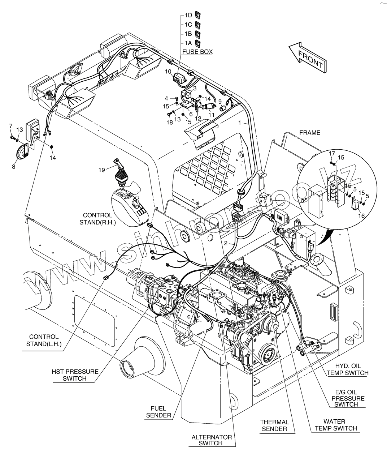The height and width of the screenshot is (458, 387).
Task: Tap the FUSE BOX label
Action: pos(197,52)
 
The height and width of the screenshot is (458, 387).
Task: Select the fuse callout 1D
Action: pos(188,15)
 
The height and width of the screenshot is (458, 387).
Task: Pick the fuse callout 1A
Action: pos(188,43)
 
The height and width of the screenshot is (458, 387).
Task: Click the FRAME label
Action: pos(310,133)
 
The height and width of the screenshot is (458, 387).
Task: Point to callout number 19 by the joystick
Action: pos(102,170)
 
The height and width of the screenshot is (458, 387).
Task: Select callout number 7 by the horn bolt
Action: pos(11,126)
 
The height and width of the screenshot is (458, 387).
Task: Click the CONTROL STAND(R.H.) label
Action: pos(97,219)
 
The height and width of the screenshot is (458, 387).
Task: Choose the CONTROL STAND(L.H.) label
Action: pos(44,341)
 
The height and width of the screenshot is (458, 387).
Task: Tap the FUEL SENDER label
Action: pos(158,412)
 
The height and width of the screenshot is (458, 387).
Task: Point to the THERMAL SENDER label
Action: pos(274,425)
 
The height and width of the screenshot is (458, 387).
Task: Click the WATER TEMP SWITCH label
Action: pos(336,425)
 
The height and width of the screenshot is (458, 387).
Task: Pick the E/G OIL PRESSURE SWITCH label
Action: pos(348,398)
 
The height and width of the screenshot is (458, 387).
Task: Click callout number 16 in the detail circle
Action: pos(361,215)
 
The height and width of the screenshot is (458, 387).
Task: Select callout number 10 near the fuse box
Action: pos(168,72)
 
